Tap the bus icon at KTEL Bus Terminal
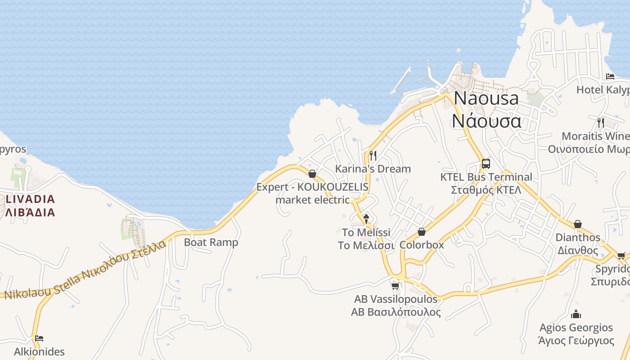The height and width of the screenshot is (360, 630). pos(486,164)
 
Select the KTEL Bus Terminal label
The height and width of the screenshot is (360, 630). pos(486,183)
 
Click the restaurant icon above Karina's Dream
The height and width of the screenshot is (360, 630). pos(373,156)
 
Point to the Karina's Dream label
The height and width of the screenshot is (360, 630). pos(373,169)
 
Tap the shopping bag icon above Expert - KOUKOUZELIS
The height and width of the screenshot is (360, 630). pos(312,174)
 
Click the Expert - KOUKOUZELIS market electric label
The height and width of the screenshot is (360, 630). pos(312,193)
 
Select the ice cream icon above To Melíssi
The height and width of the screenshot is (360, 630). pos(366,219)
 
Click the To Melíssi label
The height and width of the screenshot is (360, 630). pos(366,239)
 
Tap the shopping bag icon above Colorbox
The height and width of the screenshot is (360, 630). pos(422,232)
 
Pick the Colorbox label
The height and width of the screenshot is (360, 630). pos(422,245)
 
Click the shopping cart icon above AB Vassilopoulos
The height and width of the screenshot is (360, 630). pos(395,286)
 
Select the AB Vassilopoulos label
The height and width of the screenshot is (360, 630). pos(396,306)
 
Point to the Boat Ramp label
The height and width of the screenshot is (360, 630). pos(211,242)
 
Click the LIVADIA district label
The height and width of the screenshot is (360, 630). pos(30,206)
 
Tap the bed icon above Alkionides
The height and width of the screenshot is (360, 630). pos(39,338)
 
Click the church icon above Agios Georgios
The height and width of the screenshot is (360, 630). pos(576,315)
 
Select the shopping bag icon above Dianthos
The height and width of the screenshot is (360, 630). pos(578,224)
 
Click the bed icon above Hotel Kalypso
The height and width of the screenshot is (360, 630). pos(610,76)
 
